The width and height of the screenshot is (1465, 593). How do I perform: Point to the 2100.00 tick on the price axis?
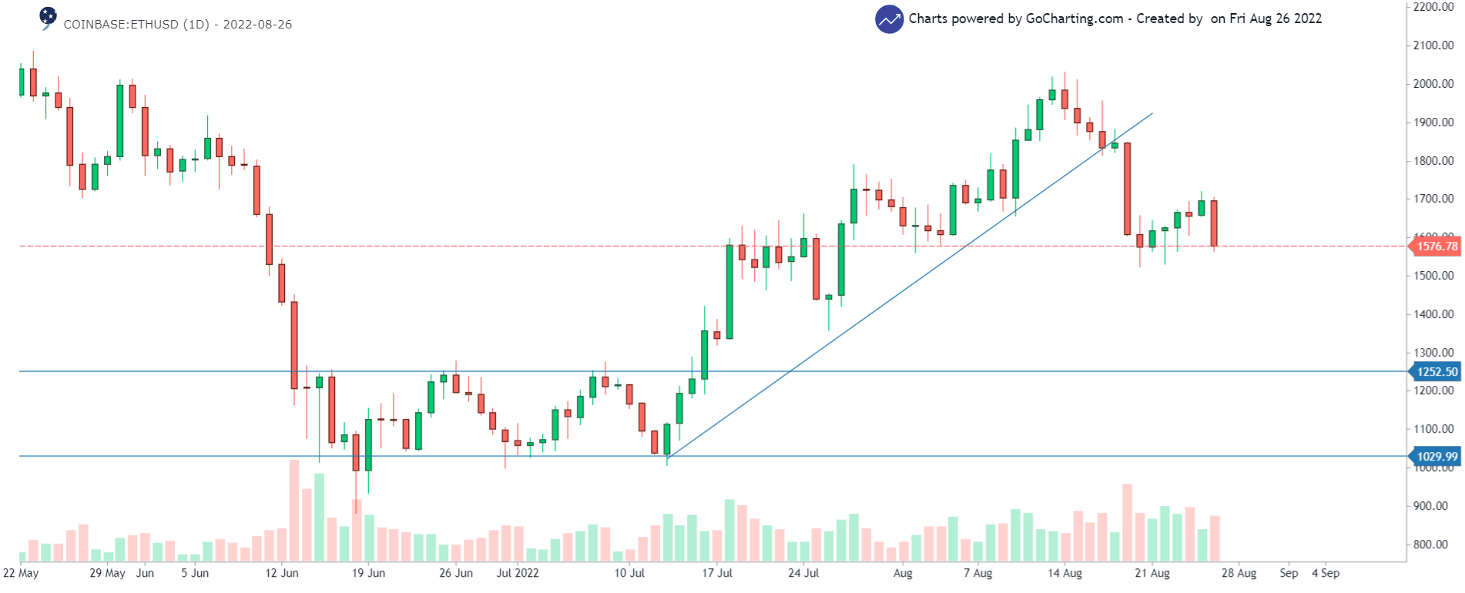(1433, 45)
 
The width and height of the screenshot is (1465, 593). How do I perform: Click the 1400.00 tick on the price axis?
(1433, 314)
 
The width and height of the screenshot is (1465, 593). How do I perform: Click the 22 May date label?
(21, 573)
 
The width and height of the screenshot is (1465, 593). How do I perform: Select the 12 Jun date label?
(282, 573)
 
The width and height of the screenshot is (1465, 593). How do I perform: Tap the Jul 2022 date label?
(518, 573)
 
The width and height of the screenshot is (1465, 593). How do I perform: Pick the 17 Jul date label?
(717, 573)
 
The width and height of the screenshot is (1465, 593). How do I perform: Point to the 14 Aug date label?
(1064, 573)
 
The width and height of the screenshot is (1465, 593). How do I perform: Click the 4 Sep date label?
(1326, 573)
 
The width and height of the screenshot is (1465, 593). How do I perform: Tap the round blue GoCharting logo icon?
(889, 19)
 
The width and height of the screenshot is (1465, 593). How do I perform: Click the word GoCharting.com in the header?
(1074, 18)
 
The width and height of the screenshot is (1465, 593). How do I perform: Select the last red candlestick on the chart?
(1214, 223)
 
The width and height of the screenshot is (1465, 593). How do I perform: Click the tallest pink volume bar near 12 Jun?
(294, 510)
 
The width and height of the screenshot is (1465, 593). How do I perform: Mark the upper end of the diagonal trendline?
(1152, 114)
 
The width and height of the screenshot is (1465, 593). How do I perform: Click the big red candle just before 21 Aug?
(1128, 189)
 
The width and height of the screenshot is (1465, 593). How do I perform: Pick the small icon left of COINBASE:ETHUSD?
(48, 17)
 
